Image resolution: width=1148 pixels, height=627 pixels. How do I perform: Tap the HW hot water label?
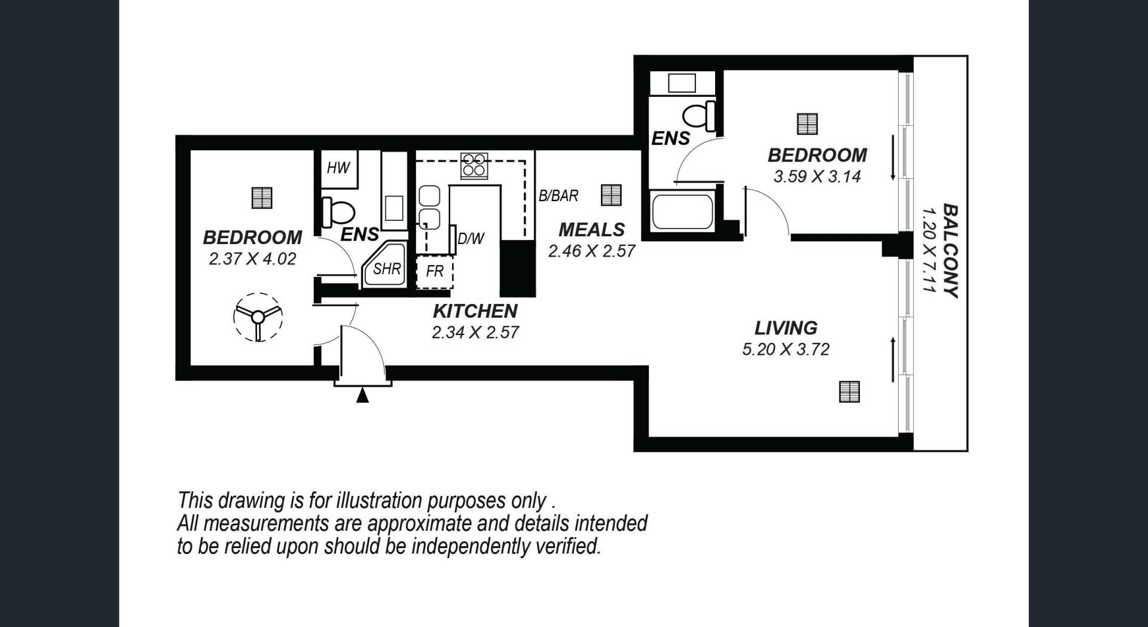[x=338, y=168]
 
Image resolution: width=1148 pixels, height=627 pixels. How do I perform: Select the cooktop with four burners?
[x=474, y=165]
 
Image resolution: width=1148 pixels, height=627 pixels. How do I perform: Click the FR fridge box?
[x=435, y=272]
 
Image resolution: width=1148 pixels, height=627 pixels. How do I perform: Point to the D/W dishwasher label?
[x=471, y=239]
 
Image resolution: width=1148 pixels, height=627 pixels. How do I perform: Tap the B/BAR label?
[x=558, y=196]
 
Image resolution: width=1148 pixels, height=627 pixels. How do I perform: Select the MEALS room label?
[x=591, y=230]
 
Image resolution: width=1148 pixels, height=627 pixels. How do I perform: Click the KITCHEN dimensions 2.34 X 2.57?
[x=475, y=333]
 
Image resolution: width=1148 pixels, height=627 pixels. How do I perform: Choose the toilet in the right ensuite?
[x=700, y=116]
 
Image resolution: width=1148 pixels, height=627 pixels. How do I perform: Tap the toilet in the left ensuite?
[x=338, y=212]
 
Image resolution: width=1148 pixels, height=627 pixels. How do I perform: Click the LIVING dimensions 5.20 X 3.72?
[x=786, y=349]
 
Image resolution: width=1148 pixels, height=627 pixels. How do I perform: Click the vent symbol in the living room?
[x=849, y=391]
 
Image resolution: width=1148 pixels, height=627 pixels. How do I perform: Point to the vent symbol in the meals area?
[x=611, y=195]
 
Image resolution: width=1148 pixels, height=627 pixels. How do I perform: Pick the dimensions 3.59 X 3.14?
[x=817, y=177]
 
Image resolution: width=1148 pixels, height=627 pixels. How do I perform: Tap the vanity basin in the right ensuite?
[x=682, y=83]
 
